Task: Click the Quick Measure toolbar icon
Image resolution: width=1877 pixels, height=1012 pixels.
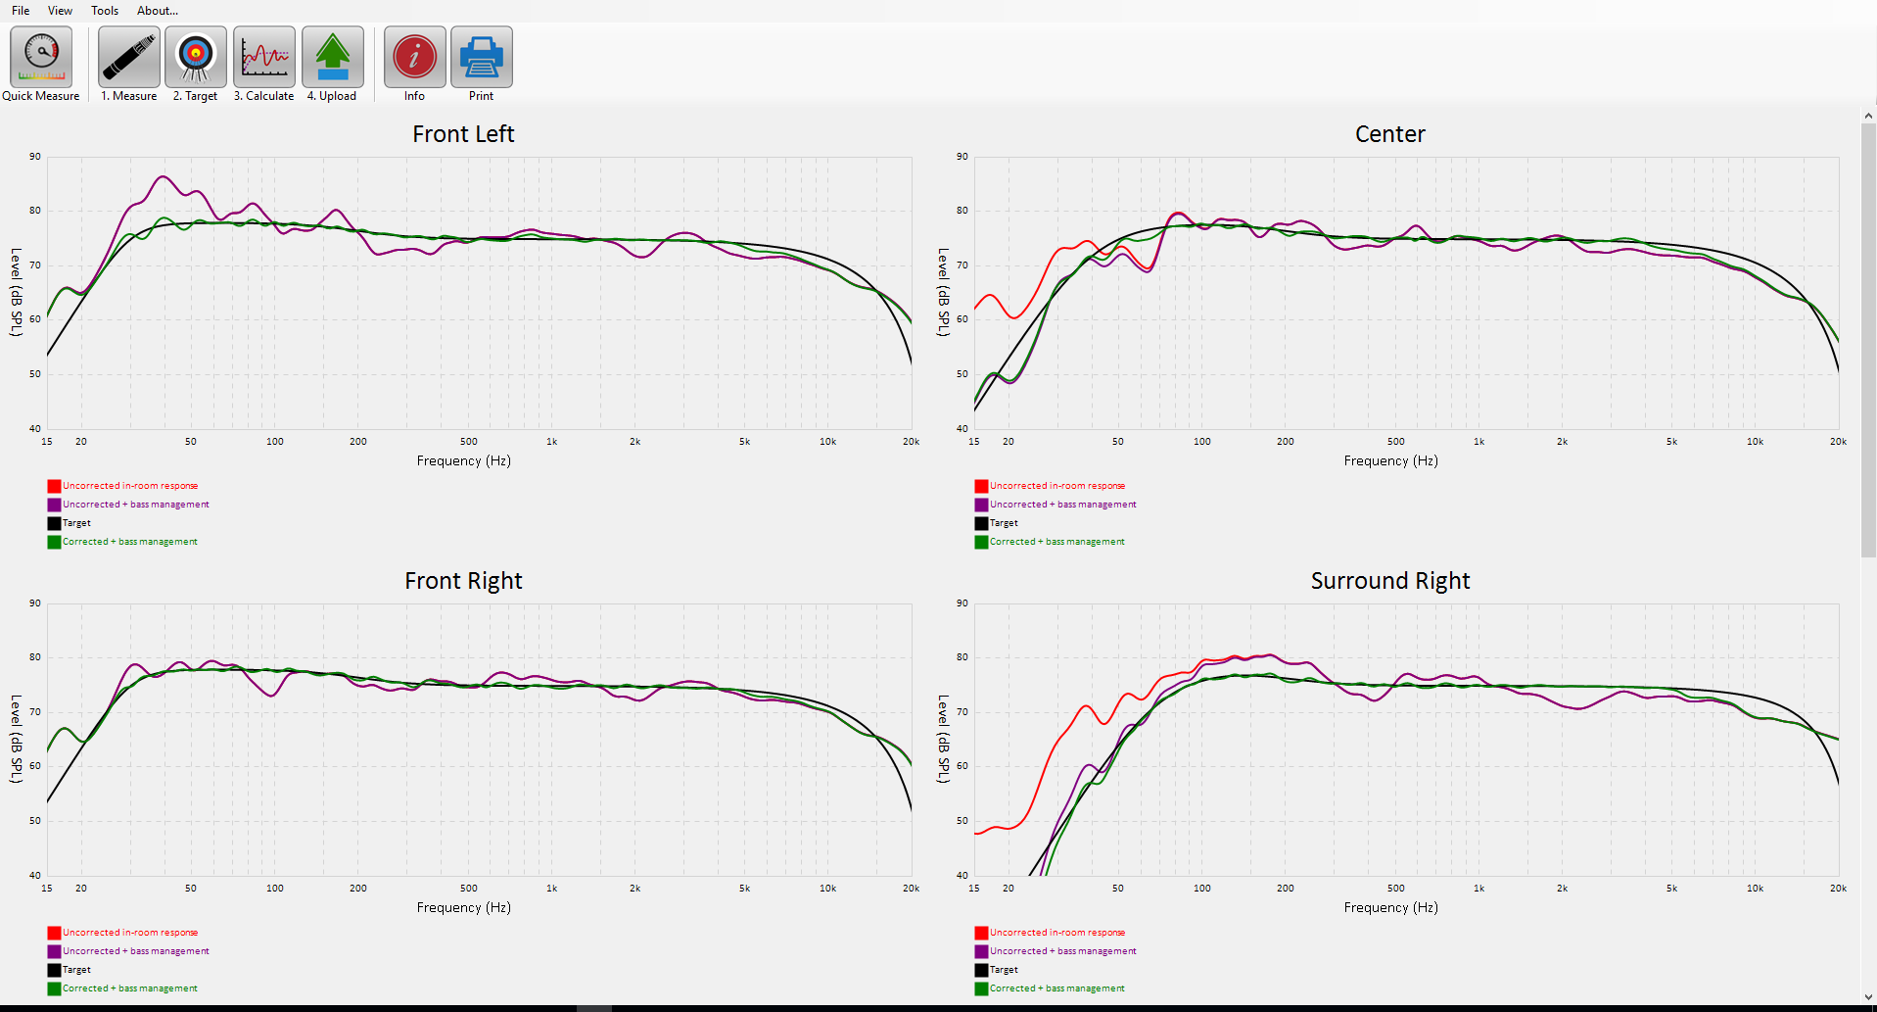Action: [x=41, y=58]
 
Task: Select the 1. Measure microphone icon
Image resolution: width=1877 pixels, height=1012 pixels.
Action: [x=128, y=58]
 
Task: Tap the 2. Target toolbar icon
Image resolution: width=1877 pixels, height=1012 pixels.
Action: [x=196, y=58]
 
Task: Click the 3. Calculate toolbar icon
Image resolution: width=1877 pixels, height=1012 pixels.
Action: [x=264, y=58]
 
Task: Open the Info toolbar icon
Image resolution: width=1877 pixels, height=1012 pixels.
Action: [x=414, y=58]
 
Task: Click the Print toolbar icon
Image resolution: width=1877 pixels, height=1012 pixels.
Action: [x=481, y=58]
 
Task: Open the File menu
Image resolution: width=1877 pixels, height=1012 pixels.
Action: [x=21, y=11]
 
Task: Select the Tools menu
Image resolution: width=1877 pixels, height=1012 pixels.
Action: [x=105, y=11]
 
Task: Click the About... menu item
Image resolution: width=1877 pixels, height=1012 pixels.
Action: [x=157, y=11]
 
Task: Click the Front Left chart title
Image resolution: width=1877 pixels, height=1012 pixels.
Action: [x=463, y=134]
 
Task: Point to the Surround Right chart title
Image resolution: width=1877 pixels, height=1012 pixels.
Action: [x=1389, y=581]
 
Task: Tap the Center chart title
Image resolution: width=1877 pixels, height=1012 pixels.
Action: [x=1389, y=134]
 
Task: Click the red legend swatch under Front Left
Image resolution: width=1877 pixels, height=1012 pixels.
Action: [x=54, y=486]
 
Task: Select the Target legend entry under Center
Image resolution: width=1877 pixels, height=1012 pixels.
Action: [x=1004, y=523]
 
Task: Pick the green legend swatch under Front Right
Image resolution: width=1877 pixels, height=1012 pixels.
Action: [x=54, y=988]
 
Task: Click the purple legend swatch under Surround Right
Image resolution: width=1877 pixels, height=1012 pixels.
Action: [x=981, y=951]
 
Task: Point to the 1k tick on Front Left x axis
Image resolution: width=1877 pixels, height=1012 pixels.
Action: [x=552, y=442]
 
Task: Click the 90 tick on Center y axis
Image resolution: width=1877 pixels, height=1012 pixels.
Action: [x=962, y=157]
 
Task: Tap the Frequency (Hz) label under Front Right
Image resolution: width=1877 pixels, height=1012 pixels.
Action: [x=463, y=907]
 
